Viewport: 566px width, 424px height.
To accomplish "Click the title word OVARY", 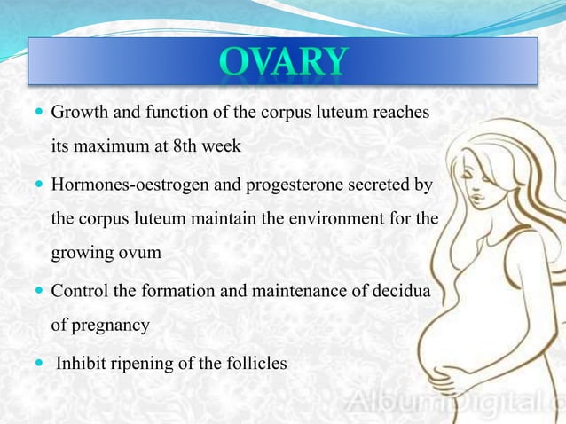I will pyautogui.click(x=281, y=61).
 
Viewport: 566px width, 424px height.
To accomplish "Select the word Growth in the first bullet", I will pyautogui.click(x=77, y=114).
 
